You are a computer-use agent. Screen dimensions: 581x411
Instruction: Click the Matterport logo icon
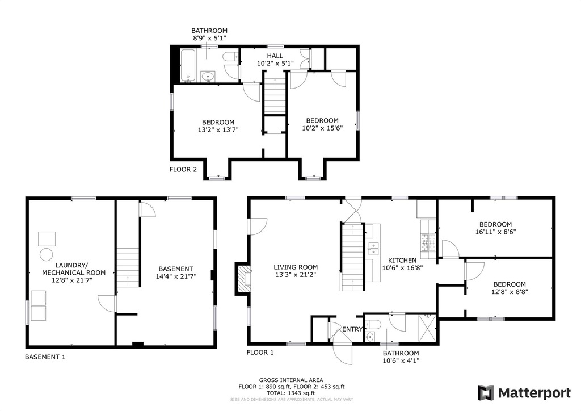pos(486,393)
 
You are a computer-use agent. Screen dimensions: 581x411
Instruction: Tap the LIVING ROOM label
pos(296,267)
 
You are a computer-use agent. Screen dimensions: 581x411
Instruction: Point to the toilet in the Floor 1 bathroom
pos(374,325)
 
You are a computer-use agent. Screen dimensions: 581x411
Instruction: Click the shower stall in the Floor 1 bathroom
pos(428,328)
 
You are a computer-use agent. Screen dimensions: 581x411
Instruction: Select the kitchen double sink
pos(373,248)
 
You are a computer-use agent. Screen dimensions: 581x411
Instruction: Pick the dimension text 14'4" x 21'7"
pos(176,276)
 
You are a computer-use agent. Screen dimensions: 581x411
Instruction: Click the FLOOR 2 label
pos(183,169)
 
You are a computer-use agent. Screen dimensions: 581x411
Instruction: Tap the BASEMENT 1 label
pos(45,357)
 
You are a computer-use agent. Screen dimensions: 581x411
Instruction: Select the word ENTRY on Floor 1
pos(352,329)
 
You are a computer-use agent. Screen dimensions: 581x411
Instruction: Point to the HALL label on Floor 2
pos(275,56)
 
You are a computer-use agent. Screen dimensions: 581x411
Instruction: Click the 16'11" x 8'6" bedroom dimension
pos(496,232)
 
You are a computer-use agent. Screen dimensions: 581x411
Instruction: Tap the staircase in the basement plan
pos(128,267)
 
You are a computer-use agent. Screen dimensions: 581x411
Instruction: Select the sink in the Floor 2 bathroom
pos(208,77)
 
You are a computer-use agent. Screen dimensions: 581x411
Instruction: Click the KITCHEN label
pos(402,260)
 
